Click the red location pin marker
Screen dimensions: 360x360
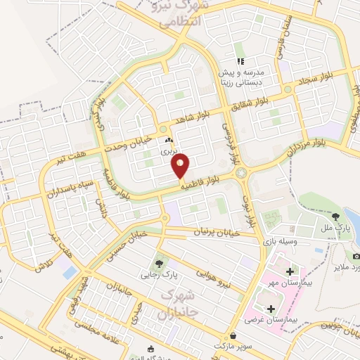[x=181, y=165]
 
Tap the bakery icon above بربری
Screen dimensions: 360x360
[x=168, y=140]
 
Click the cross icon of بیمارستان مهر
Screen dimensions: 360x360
[x=290, y=270]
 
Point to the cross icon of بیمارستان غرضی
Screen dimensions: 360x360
[x=271, y=308]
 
